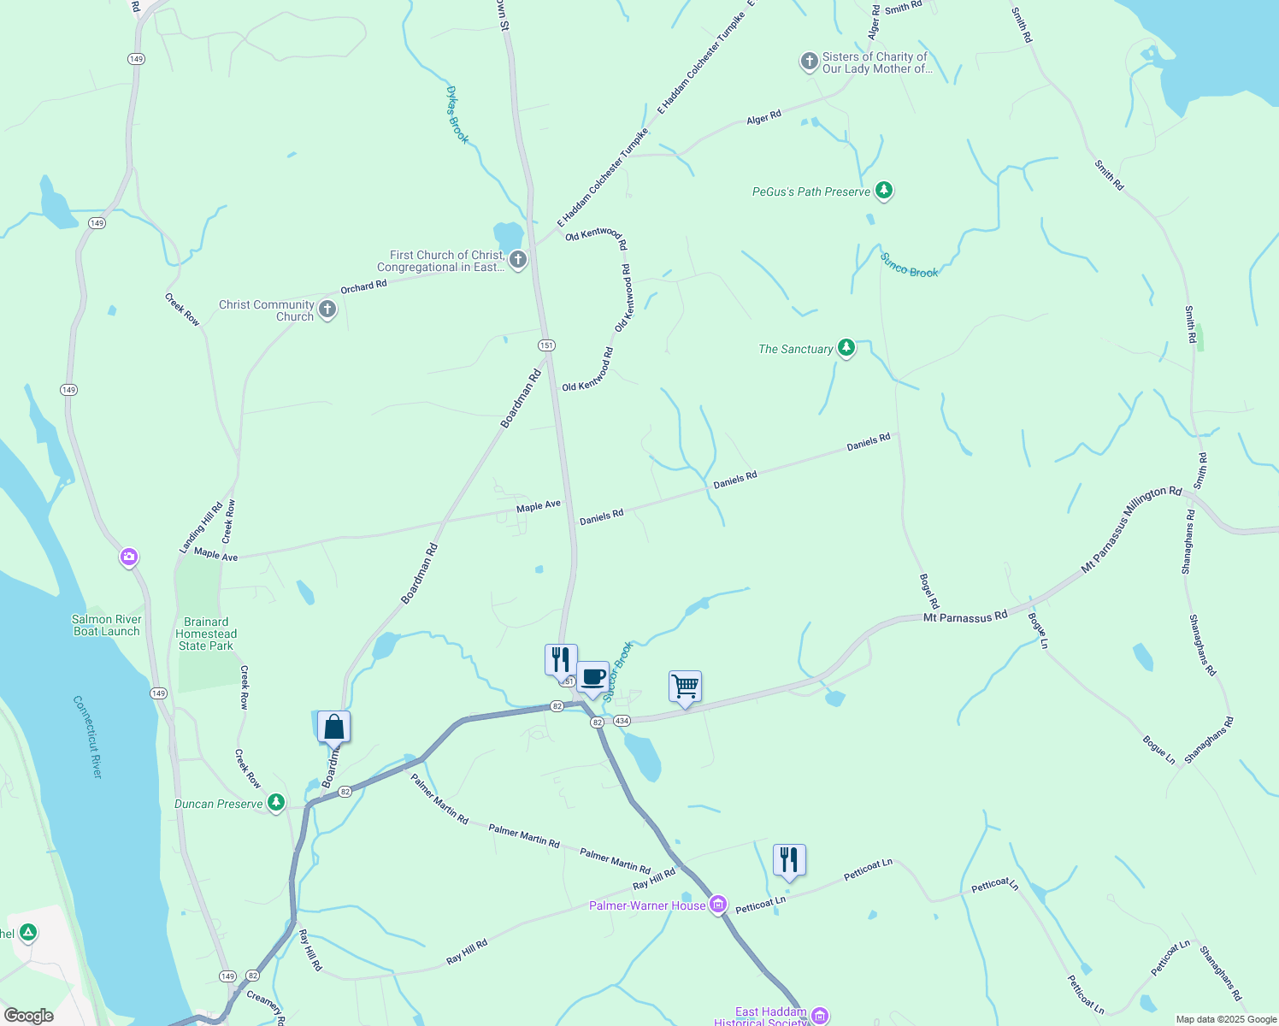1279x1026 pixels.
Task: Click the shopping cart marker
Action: click(x=685, y=687)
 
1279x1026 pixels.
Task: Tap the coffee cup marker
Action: click(x=592, y=678)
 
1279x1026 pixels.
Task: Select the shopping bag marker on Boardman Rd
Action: click(x=333, y=728)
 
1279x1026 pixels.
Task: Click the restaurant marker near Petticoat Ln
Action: click(x=789, y=860)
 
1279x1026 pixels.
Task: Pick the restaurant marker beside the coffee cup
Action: click(x=561, y=660)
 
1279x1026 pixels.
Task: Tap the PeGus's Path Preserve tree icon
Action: click(x=884, y=191)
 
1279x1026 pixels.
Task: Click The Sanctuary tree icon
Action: click(x=846, y=348)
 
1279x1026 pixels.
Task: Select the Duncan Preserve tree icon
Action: click(x=275, y=803)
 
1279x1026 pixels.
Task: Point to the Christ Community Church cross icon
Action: click(x=327, y=310)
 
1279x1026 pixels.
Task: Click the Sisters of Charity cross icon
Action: click(x=809, y=62)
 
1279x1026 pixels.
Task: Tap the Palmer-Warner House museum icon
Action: click(x=717, y=905)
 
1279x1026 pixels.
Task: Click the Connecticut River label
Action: click(x=87, y=737)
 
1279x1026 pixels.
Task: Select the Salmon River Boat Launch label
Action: click(x=106, y=625)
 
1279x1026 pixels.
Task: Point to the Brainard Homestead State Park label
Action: click(x=206, y=634)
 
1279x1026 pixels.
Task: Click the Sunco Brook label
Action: click(x=909, y=266)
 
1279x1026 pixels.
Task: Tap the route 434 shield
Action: click(x=622, y=721)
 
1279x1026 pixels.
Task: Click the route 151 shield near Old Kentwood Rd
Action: click(x=546, y=345)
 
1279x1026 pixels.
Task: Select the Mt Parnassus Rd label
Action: click(x=965, y=616)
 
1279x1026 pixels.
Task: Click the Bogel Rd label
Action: click(x=928, y=591)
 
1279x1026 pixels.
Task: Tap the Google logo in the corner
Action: click(x=29, y=1016)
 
